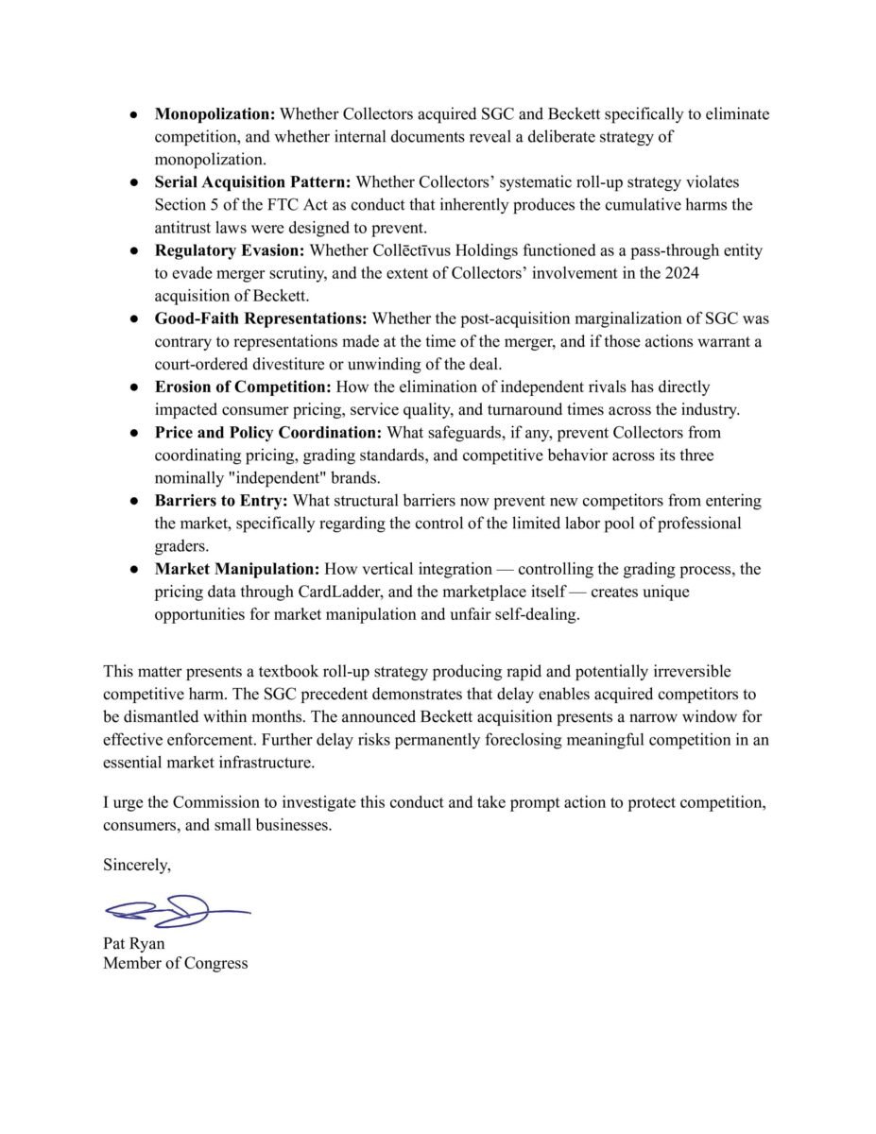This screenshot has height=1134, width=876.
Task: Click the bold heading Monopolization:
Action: [215, 114]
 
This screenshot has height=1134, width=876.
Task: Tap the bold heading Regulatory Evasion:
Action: [230, 250]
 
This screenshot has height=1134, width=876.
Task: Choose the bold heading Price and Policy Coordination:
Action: [266, 433]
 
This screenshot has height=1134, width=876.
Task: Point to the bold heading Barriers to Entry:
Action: [219, 501]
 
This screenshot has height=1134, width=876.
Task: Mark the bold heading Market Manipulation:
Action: [236, 569]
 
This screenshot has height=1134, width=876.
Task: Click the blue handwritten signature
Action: [177, 911]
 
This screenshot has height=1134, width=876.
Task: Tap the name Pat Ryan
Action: [133, 943]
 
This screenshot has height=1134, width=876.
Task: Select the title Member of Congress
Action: [176, 964]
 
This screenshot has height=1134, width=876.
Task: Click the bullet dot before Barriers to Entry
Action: [135, 501]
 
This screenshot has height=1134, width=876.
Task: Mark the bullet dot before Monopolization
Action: [135, 114]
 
